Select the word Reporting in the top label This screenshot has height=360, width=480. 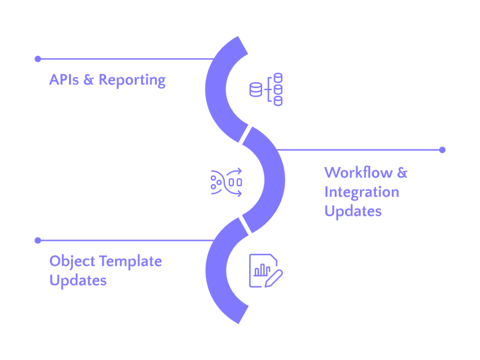pos(132,81)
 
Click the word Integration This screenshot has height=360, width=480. pos(362,192)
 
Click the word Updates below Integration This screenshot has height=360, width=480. pos(353,211)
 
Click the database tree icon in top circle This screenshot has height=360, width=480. pos(266,89)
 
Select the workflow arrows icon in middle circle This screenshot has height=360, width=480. pos(226,180)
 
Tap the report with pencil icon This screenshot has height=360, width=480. pos(265,271)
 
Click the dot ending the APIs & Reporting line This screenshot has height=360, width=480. pos(37,59)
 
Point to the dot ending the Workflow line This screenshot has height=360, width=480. pos(442,150)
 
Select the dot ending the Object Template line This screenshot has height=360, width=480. pos(37,240)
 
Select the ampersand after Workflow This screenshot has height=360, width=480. pos(401,173)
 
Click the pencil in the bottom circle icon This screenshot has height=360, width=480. pos(276,277)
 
